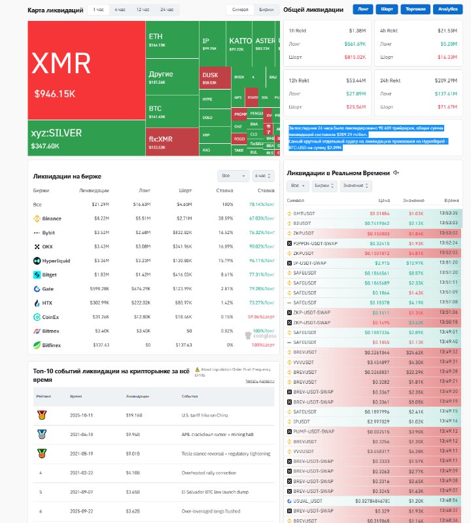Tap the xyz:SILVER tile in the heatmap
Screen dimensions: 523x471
point(86,137)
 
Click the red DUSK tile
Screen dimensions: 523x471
point(215,78)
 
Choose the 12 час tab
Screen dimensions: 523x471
point(143,10)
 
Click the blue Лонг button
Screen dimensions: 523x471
point(363,10)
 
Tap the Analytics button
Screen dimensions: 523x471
point(448,10)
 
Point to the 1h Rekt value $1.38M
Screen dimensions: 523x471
point(357,31)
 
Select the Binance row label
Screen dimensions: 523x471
point(52,218)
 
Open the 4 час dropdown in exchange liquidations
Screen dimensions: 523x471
point(264,176)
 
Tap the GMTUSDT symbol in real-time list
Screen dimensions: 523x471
point(305,213)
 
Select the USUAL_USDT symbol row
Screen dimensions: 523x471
point(309,499)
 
